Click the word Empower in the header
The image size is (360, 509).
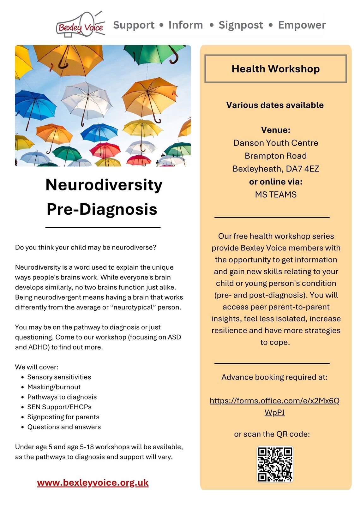tap(302, 25)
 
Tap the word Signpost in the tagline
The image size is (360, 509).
tap(241, 25)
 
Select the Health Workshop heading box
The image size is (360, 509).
tap(275, 69)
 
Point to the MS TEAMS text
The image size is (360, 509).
tap(276, 195)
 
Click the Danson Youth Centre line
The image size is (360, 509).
tap(276, 143)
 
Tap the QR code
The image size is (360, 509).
tap(275, 464)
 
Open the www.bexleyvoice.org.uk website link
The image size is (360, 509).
tap(93, 482)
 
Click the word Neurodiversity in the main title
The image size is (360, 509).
tap(104, 185)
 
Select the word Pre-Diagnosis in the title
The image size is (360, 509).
tap(102, 209)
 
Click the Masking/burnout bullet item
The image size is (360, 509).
tap(54, 387)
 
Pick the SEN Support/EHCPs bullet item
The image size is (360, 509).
tap(59, 407)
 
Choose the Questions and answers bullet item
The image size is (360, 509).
tap(64, 427)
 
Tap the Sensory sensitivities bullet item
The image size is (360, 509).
tap(59, 377)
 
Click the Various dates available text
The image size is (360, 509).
tap(275, 105)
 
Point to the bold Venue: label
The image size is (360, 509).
tap(276, 130)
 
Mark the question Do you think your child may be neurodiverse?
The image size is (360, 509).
tap(86, 247)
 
